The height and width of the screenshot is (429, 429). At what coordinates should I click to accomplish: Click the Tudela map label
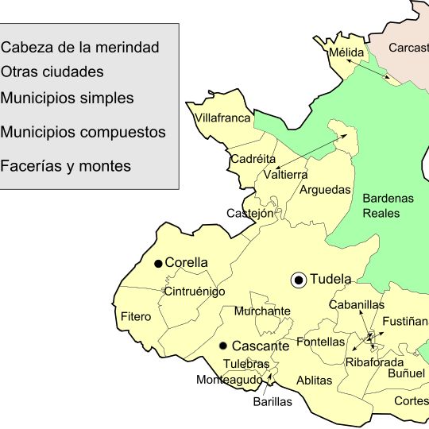click(331, 280)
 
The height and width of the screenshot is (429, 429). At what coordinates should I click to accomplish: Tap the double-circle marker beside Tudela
click(299, 280)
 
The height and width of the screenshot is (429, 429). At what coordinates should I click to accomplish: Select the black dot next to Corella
click(158, 263)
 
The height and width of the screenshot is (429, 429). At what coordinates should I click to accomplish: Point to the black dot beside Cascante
click(223, 346)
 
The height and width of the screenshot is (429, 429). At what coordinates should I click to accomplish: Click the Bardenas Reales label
click(388, 206)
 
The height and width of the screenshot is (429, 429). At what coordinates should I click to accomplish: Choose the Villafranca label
click(222, 118)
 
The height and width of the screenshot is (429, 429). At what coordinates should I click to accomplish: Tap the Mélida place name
click(346, 53)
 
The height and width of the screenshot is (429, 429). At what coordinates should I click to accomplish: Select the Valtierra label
click(285, 175)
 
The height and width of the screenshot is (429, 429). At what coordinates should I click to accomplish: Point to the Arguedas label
click(325, 190)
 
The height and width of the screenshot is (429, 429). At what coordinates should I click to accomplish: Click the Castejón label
click(249, 213)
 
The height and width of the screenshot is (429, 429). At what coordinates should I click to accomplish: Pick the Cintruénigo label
click(194, 292)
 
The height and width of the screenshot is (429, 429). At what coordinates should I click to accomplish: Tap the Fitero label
click(136, 317)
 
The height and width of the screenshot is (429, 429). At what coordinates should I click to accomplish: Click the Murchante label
click(262, 311)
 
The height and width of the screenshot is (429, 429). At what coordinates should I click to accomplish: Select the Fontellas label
click(320, 342)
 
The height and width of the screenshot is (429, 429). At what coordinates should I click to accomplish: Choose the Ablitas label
click(314, 381)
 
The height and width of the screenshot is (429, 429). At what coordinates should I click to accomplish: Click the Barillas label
click(272, 401)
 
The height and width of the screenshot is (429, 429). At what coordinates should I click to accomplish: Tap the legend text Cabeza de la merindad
click(80, 48)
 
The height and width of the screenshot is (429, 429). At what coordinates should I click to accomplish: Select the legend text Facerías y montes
click(66, 167)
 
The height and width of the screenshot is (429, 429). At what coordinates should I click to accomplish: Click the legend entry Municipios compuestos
click(83, 132)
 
